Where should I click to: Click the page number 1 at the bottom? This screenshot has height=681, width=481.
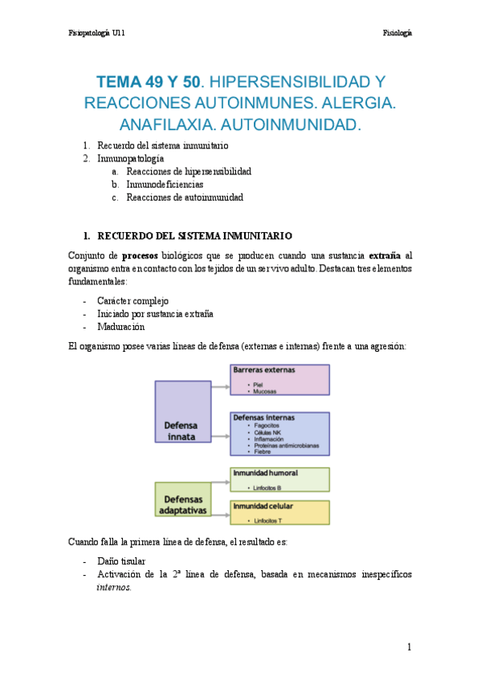tap(409, 647)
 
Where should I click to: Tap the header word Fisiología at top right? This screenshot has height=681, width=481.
tap(397, 33)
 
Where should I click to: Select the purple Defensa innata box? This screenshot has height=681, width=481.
tap(183, 412)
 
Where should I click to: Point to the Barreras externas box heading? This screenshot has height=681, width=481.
tap(264, 371)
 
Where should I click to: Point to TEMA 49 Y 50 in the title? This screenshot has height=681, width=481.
tap(149, 81)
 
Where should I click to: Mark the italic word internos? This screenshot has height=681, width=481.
tap(113, 587)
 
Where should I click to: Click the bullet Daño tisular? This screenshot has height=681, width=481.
tap(124, 561)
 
